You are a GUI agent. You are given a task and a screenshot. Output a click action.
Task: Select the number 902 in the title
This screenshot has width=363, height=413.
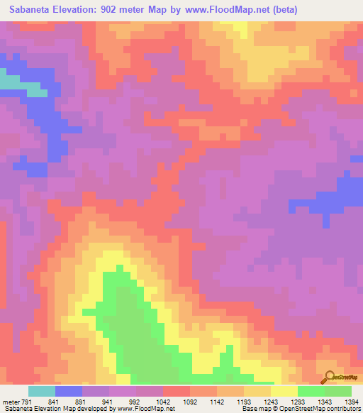pyautogui.click(x=113, y=10)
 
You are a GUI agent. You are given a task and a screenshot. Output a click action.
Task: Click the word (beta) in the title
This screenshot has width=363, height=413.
pyautogui.click(x=282, y=10)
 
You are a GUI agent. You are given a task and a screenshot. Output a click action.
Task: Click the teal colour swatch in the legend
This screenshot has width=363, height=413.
pyautogui.click(x=42, y=391)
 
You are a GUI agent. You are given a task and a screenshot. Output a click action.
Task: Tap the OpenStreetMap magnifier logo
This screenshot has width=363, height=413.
pyautogui.click(x=328, y=378)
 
